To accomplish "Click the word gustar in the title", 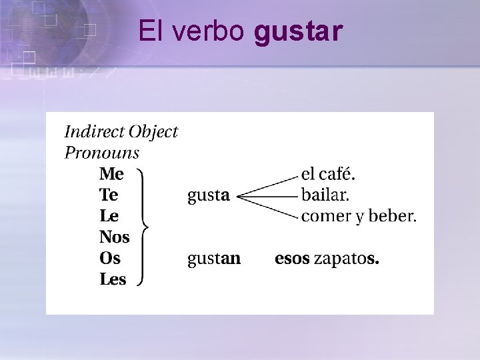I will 299,31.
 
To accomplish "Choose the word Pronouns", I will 101,153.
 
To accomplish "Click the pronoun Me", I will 111,175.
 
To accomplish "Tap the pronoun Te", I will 109,195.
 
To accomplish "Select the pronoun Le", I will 109,216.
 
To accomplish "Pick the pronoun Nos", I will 114,237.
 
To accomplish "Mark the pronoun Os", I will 110,258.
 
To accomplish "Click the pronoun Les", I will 113,279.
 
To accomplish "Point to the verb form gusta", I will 209,196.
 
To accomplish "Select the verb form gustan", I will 214,259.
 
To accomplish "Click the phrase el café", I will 329,175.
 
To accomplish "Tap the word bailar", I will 325,195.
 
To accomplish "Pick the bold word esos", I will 292,259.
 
